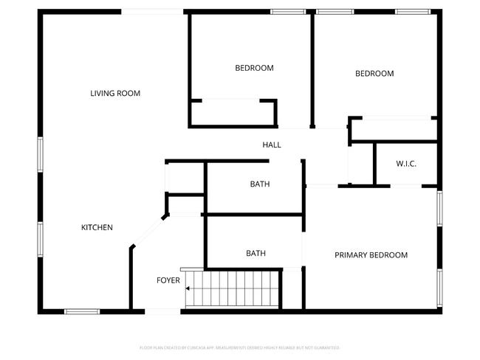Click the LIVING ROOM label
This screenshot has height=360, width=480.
coord(115,93)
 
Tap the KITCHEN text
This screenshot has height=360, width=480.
coord(97,227)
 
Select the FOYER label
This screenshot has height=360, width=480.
coord(168,280)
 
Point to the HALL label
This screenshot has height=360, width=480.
coord(272,145)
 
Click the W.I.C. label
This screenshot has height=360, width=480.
coord(406,163)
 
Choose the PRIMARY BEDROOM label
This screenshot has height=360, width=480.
coord(371,255)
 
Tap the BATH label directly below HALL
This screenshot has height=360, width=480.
coord(259,184)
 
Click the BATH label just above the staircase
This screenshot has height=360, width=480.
coord(256,254)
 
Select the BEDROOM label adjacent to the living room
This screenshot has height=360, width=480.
coord(254,68)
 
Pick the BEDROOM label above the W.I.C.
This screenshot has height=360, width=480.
coord(374,74)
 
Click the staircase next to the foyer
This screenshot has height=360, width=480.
coord(233,288)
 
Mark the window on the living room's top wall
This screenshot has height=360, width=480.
coord(152,11)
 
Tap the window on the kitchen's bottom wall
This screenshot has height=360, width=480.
coord(82,311)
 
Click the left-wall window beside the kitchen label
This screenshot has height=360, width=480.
coord(40,240)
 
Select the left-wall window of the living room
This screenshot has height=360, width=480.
coord(40,155)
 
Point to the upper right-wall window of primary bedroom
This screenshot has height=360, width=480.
coord(439,207)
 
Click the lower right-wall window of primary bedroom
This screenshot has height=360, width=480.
coord(439,287)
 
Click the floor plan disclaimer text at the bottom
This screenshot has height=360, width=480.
coord(240,347)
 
